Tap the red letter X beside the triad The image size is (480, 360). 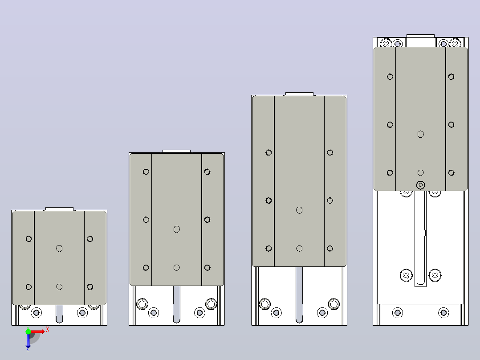[48, 330]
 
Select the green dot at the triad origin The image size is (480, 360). [28, 331]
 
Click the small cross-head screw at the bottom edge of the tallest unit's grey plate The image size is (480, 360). [421, 185]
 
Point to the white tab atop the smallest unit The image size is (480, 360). [59, 209]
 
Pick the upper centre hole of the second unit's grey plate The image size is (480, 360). [177, 229]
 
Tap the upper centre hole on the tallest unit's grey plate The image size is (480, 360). [421, 134]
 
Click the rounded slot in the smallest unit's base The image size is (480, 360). [59, 314]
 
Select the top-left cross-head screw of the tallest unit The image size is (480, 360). [386, 44]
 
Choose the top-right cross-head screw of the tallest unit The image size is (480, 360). [455, 44]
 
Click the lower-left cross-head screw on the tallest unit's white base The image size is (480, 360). [406, 275]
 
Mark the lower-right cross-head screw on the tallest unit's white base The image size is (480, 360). [435, 275]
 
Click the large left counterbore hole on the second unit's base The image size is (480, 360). [142, 304]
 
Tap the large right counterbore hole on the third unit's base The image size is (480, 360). [334, 304]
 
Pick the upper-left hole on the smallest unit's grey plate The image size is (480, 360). [28, 239]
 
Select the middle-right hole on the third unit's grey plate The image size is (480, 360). [329, 200]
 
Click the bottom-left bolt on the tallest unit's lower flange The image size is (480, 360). [398, 313]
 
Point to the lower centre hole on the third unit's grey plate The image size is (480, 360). [299, 249]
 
